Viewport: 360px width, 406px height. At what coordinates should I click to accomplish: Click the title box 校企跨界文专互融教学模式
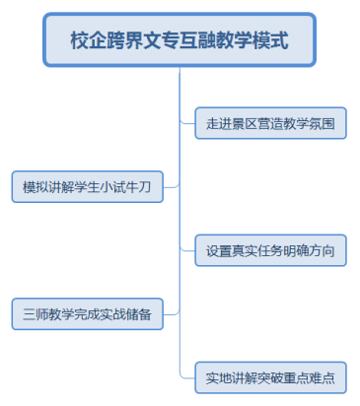point(179,41)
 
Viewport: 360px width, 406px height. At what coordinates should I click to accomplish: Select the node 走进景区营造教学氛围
point(270,123)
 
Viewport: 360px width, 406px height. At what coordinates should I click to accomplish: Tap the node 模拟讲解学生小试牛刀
point(87,186)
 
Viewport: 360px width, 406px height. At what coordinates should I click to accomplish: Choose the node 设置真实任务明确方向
point(270,250)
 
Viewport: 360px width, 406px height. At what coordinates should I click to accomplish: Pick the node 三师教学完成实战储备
point(87,314)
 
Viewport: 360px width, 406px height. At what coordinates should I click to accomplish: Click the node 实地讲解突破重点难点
point(270,377)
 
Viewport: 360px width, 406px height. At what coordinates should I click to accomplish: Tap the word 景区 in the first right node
point(244,123)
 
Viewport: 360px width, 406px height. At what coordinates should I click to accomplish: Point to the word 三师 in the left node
point(36,314)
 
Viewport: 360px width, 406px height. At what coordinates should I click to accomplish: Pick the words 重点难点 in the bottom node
point(310,377)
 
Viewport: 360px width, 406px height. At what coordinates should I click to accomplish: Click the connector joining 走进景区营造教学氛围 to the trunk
point(186,123)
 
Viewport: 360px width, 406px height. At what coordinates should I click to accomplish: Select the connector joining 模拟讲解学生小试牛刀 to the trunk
point(171,186)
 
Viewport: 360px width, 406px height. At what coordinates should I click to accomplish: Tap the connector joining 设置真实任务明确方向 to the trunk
point(186,250)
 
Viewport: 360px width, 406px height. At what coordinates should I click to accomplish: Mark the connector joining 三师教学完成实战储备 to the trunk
point(171,314)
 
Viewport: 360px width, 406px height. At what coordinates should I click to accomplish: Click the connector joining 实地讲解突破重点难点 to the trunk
point(186,377)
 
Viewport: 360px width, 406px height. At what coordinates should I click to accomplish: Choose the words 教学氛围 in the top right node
point(310,123)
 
